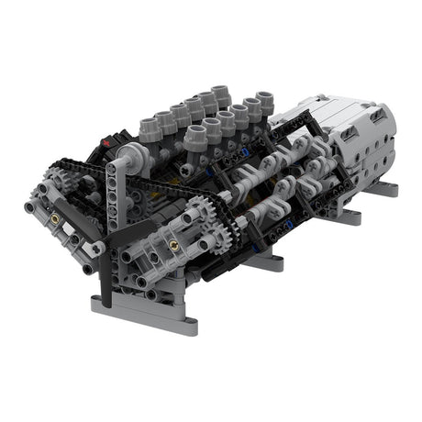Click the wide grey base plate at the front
tap(145, 312)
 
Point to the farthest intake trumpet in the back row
tap(221, 94)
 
